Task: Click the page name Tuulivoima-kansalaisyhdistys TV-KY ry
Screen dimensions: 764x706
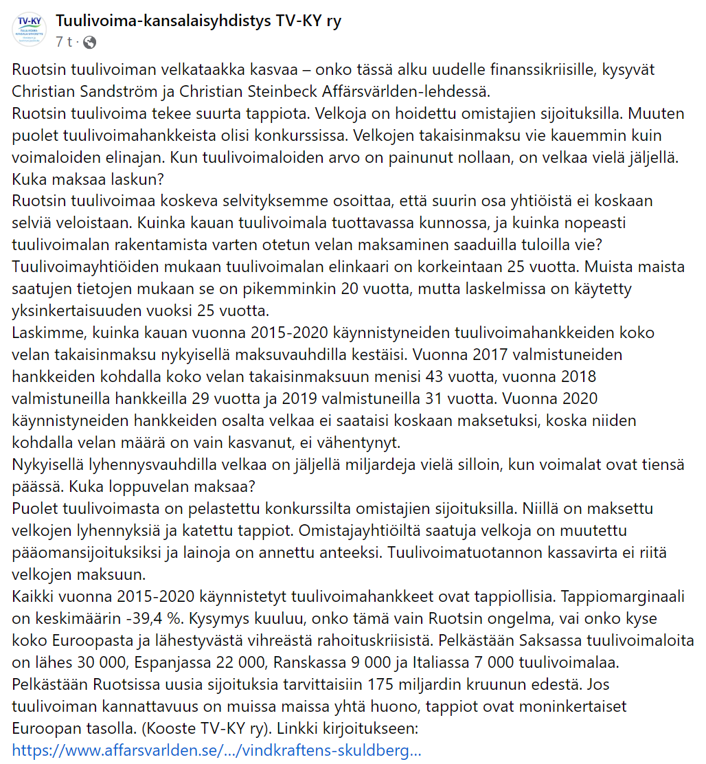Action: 198,21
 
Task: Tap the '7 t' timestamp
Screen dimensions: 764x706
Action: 64,43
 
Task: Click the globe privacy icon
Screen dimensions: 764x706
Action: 89,43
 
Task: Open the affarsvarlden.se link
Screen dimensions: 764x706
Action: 217,750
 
